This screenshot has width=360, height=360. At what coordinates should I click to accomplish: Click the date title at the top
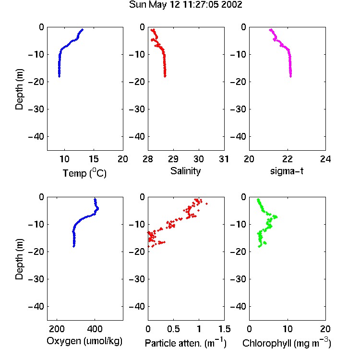tap(185, 5)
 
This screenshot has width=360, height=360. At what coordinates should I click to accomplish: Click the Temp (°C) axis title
tap(84, 173)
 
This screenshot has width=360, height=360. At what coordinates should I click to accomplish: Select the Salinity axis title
tap(185, 171)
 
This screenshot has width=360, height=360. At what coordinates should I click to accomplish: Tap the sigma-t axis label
tap(287, 171)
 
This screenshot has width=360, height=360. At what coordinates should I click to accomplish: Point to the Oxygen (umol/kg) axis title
tap(84, 341)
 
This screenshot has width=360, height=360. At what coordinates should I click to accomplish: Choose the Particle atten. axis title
tap(186, 343)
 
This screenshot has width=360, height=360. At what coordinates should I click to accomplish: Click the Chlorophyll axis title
tap(287, 343)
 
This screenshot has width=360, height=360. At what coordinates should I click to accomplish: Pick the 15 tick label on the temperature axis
tap(94, 159)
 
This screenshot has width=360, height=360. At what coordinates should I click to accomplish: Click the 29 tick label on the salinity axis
tap(173, 159)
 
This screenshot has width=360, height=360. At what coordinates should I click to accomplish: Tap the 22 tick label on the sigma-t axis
tap(287, 159)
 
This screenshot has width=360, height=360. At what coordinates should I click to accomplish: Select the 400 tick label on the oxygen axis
tap(95, 329)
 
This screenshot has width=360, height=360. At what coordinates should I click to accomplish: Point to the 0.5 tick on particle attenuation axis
tap(173, 329)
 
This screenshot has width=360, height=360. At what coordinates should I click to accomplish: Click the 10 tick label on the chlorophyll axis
tap(288, 329)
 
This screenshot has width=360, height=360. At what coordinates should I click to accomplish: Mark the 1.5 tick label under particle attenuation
tap(224, 329)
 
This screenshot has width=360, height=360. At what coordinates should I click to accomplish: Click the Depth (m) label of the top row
tap(19, 89)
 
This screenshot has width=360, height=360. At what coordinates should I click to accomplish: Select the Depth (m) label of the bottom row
tap(19, 259)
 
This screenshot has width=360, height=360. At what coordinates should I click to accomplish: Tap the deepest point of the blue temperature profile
tap(59, 76)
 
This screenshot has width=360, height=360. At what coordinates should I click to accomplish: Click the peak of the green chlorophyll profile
tap(276, 217)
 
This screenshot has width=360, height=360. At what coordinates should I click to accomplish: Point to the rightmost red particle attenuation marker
tap(206, 204)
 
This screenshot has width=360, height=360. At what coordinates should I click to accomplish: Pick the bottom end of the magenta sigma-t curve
tap(291, 76)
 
